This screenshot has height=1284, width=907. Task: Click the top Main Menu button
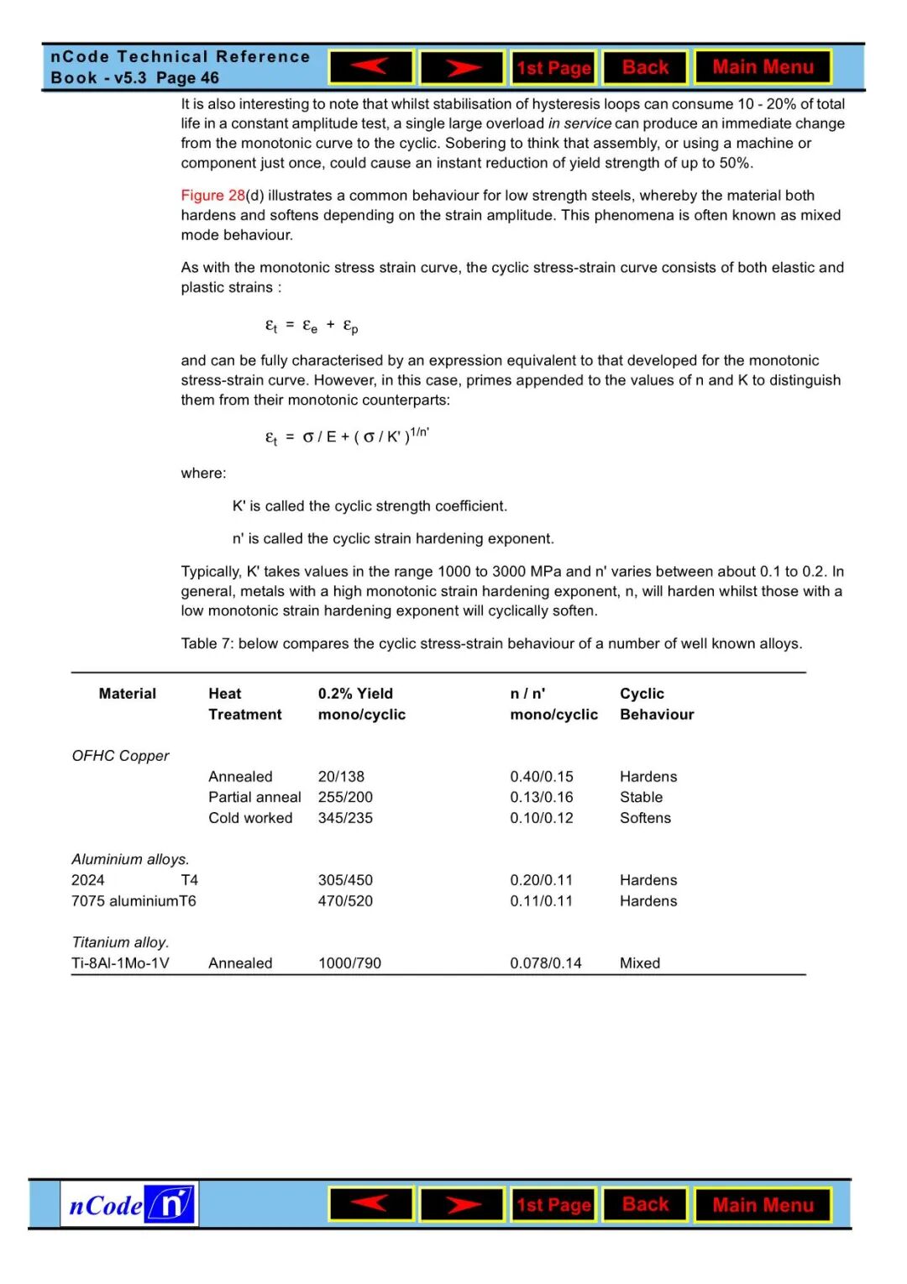coord(763,67)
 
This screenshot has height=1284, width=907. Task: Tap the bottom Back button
coord(645,1205)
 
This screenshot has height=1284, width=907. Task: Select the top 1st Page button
coord(553,68)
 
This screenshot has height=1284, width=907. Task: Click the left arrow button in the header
coord(371,67)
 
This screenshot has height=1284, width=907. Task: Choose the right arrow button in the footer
coord(462,1205)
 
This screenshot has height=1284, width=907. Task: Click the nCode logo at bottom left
coord(129,1205)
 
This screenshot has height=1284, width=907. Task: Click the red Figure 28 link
coord(212,196)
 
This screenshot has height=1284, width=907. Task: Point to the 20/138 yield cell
coord(341,777)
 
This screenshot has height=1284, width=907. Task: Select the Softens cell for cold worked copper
coord(645,818)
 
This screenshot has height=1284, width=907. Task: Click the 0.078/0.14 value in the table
coord(545,963)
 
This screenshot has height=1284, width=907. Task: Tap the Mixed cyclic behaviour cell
coord(639,963)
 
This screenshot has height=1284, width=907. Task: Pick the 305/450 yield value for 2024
coord(345,880)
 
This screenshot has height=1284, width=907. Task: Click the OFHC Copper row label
coord(120,756)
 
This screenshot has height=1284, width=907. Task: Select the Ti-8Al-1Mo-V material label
coord(120,963)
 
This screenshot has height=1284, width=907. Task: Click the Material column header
coord(127,694)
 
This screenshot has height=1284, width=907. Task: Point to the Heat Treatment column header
coord(244,704)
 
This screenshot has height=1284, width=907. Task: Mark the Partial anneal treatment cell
coord(254,797)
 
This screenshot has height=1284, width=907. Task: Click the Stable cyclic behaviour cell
coord(641,797)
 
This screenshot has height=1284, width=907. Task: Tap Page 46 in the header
coord(187,78)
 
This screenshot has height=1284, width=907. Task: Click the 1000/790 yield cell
coord(349,963)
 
